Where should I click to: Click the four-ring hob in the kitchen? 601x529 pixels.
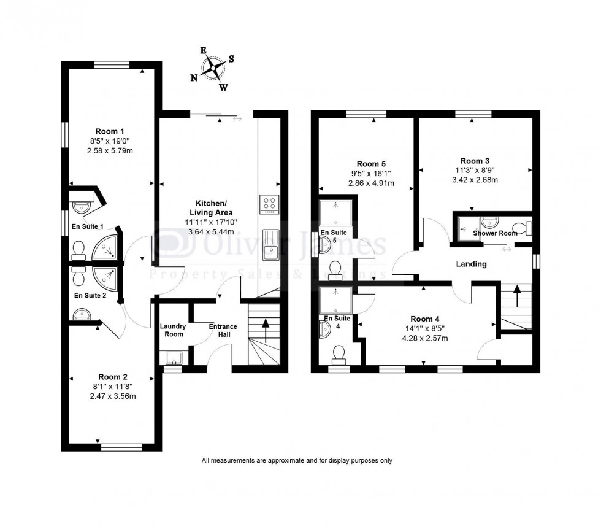[x=270, y=204]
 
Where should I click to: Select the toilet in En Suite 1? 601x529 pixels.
[x=78, y=249]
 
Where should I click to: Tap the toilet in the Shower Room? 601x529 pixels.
[x=522, y=229]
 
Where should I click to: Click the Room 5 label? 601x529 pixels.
[x=371, y=164]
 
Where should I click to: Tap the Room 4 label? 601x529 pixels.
[x=425, y=319]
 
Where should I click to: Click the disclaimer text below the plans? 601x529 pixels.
[x=296, y=460]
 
